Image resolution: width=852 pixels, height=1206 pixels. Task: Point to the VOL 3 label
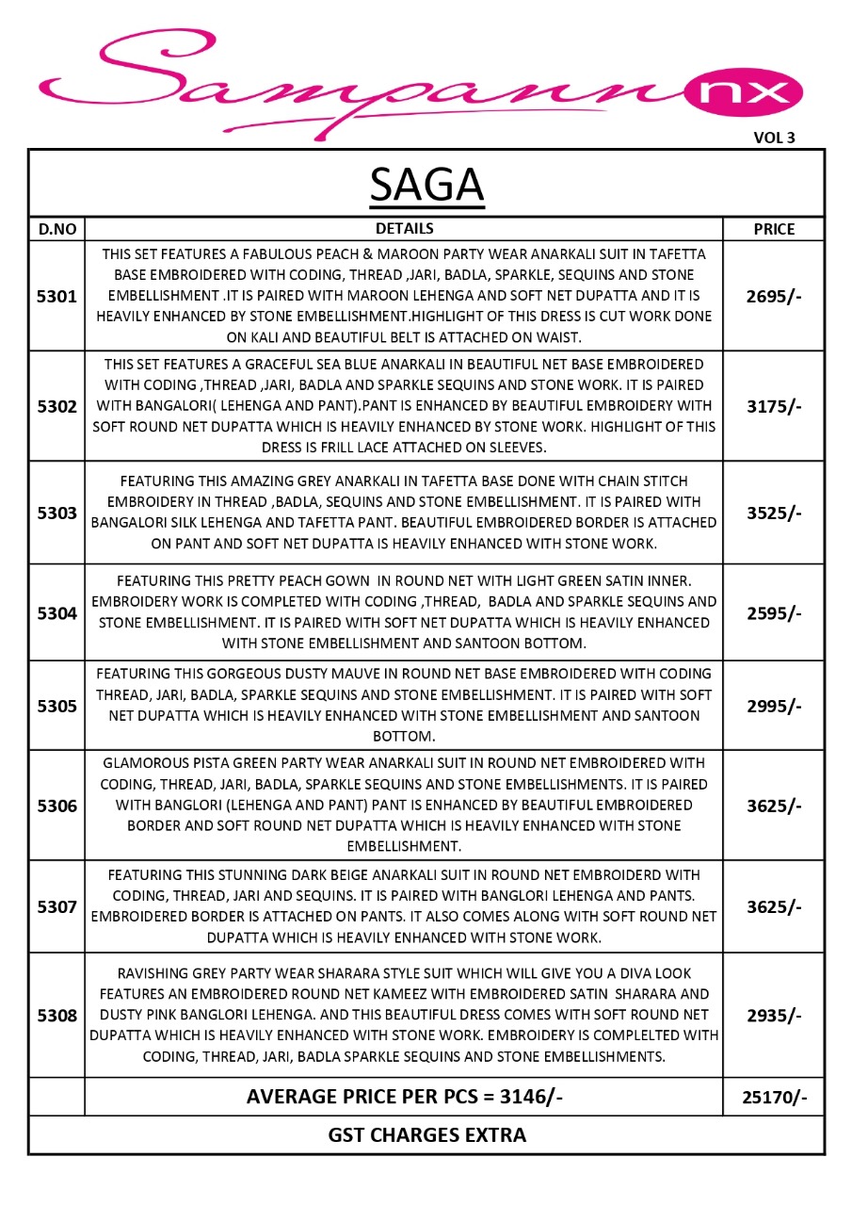(x=774, y=138)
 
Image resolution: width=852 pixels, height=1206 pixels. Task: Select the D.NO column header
(x=56, y=229)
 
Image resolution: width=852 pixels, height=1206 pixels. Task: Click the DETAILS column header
(x=404, y=228)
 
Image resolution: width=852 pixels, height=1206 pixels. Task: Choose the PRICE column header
(x=774, y=229)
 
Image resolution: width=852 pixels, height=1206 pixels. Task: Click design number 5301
(x=56, y=296)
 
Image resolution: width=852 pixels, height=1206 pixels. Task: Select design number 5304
(x=56, y=613)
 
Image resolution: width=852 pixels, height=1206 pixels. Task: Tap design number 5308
(x=56, y=1016)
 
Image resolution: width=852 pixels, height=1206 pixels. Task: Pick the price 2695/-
(x=774, y=296)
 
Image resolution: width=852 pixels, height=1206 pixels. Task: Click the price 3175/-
(x=774, y=406)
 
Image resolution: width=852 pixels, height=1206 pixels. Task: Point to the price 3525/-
(x=774, y=513)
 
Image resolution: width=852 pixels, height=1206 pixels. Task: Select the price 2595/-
(x=774, y=613)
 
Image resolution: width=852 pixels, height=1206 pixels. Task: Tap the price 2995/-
(x=774, y=706)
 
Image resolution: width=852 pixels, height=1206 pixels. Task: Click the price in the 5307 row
(x=774, y=906)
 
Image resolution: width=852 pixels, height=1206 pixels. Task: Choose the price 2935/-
(x=774, y=1016)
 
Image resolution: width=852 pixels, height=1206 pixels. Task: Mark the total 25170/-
(x=774, y=1098)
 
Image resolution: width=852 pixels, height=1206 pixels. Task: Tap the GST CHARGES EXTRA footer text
(x=426, y=1134)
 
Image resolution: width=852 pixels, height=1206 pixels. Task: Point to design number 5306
(x=56, y=806)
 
